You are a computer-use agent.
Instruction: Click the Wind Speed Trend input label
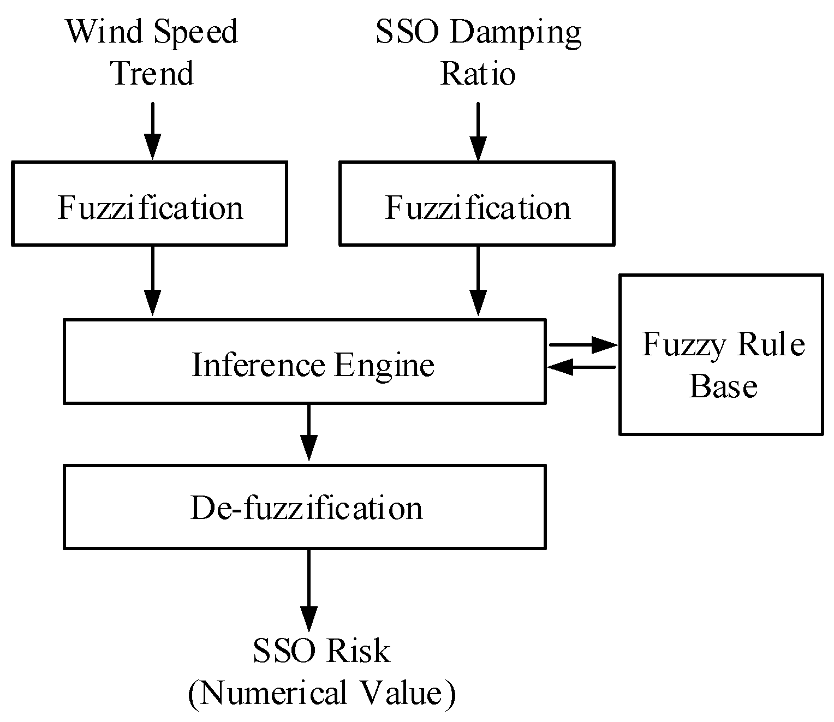point(152,52)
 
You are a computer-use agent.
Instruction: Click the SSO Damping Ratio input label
point(478,52)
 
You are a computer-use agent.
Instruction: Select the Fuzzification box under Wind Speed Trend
point(150,204)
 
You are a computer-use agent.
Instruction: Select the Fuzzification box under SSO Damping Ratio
point(477,204)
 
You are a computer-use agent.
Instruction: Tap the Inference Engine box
point(305,361)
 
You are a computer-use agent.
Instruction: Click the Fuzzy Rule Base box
point(720,355)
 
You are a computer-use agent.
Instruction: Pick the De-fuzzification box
point(305,506)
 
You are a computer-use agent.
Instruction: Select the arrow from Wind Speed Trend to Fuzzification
point(152,131)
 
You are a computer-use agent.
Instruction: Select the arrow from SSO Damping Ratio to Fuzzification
point(478,131)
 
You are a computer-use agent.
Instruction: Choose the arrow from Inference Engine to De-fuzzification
point(309,432)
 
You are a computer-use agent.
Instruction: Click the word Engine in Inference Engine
point(384,365)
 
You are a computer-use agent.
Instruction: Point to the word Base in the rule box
point(723,386)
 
